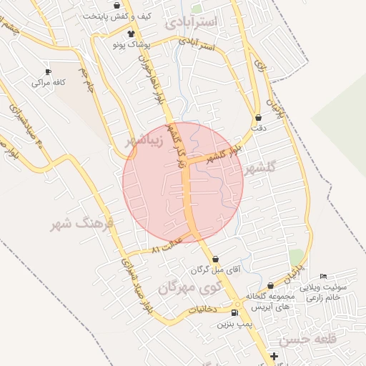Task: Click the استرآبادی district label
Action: click(x=196, y=23)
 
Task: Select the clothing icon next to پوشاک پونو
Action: click(x=131, y=34)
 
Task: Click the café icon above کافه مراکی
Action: click(x=48, y=72)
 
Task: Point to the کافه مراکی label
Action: click(x=48, y=83)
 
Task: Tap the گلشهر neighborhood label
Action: click(x=260, y=169)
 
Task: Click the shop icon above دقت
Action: click(x=258, y=117)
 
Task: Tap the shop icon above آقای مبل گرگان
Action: click(x=216, y=259)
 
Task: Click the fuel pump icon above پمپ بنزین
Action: click(x=236, y=313)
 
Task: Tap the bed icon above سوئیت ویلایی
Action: click(x=324, y=277)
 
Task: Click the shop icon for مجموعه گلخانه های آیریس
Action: click(x=269, y=286)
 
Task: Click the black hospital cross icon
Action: click(x=274, y=356)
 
